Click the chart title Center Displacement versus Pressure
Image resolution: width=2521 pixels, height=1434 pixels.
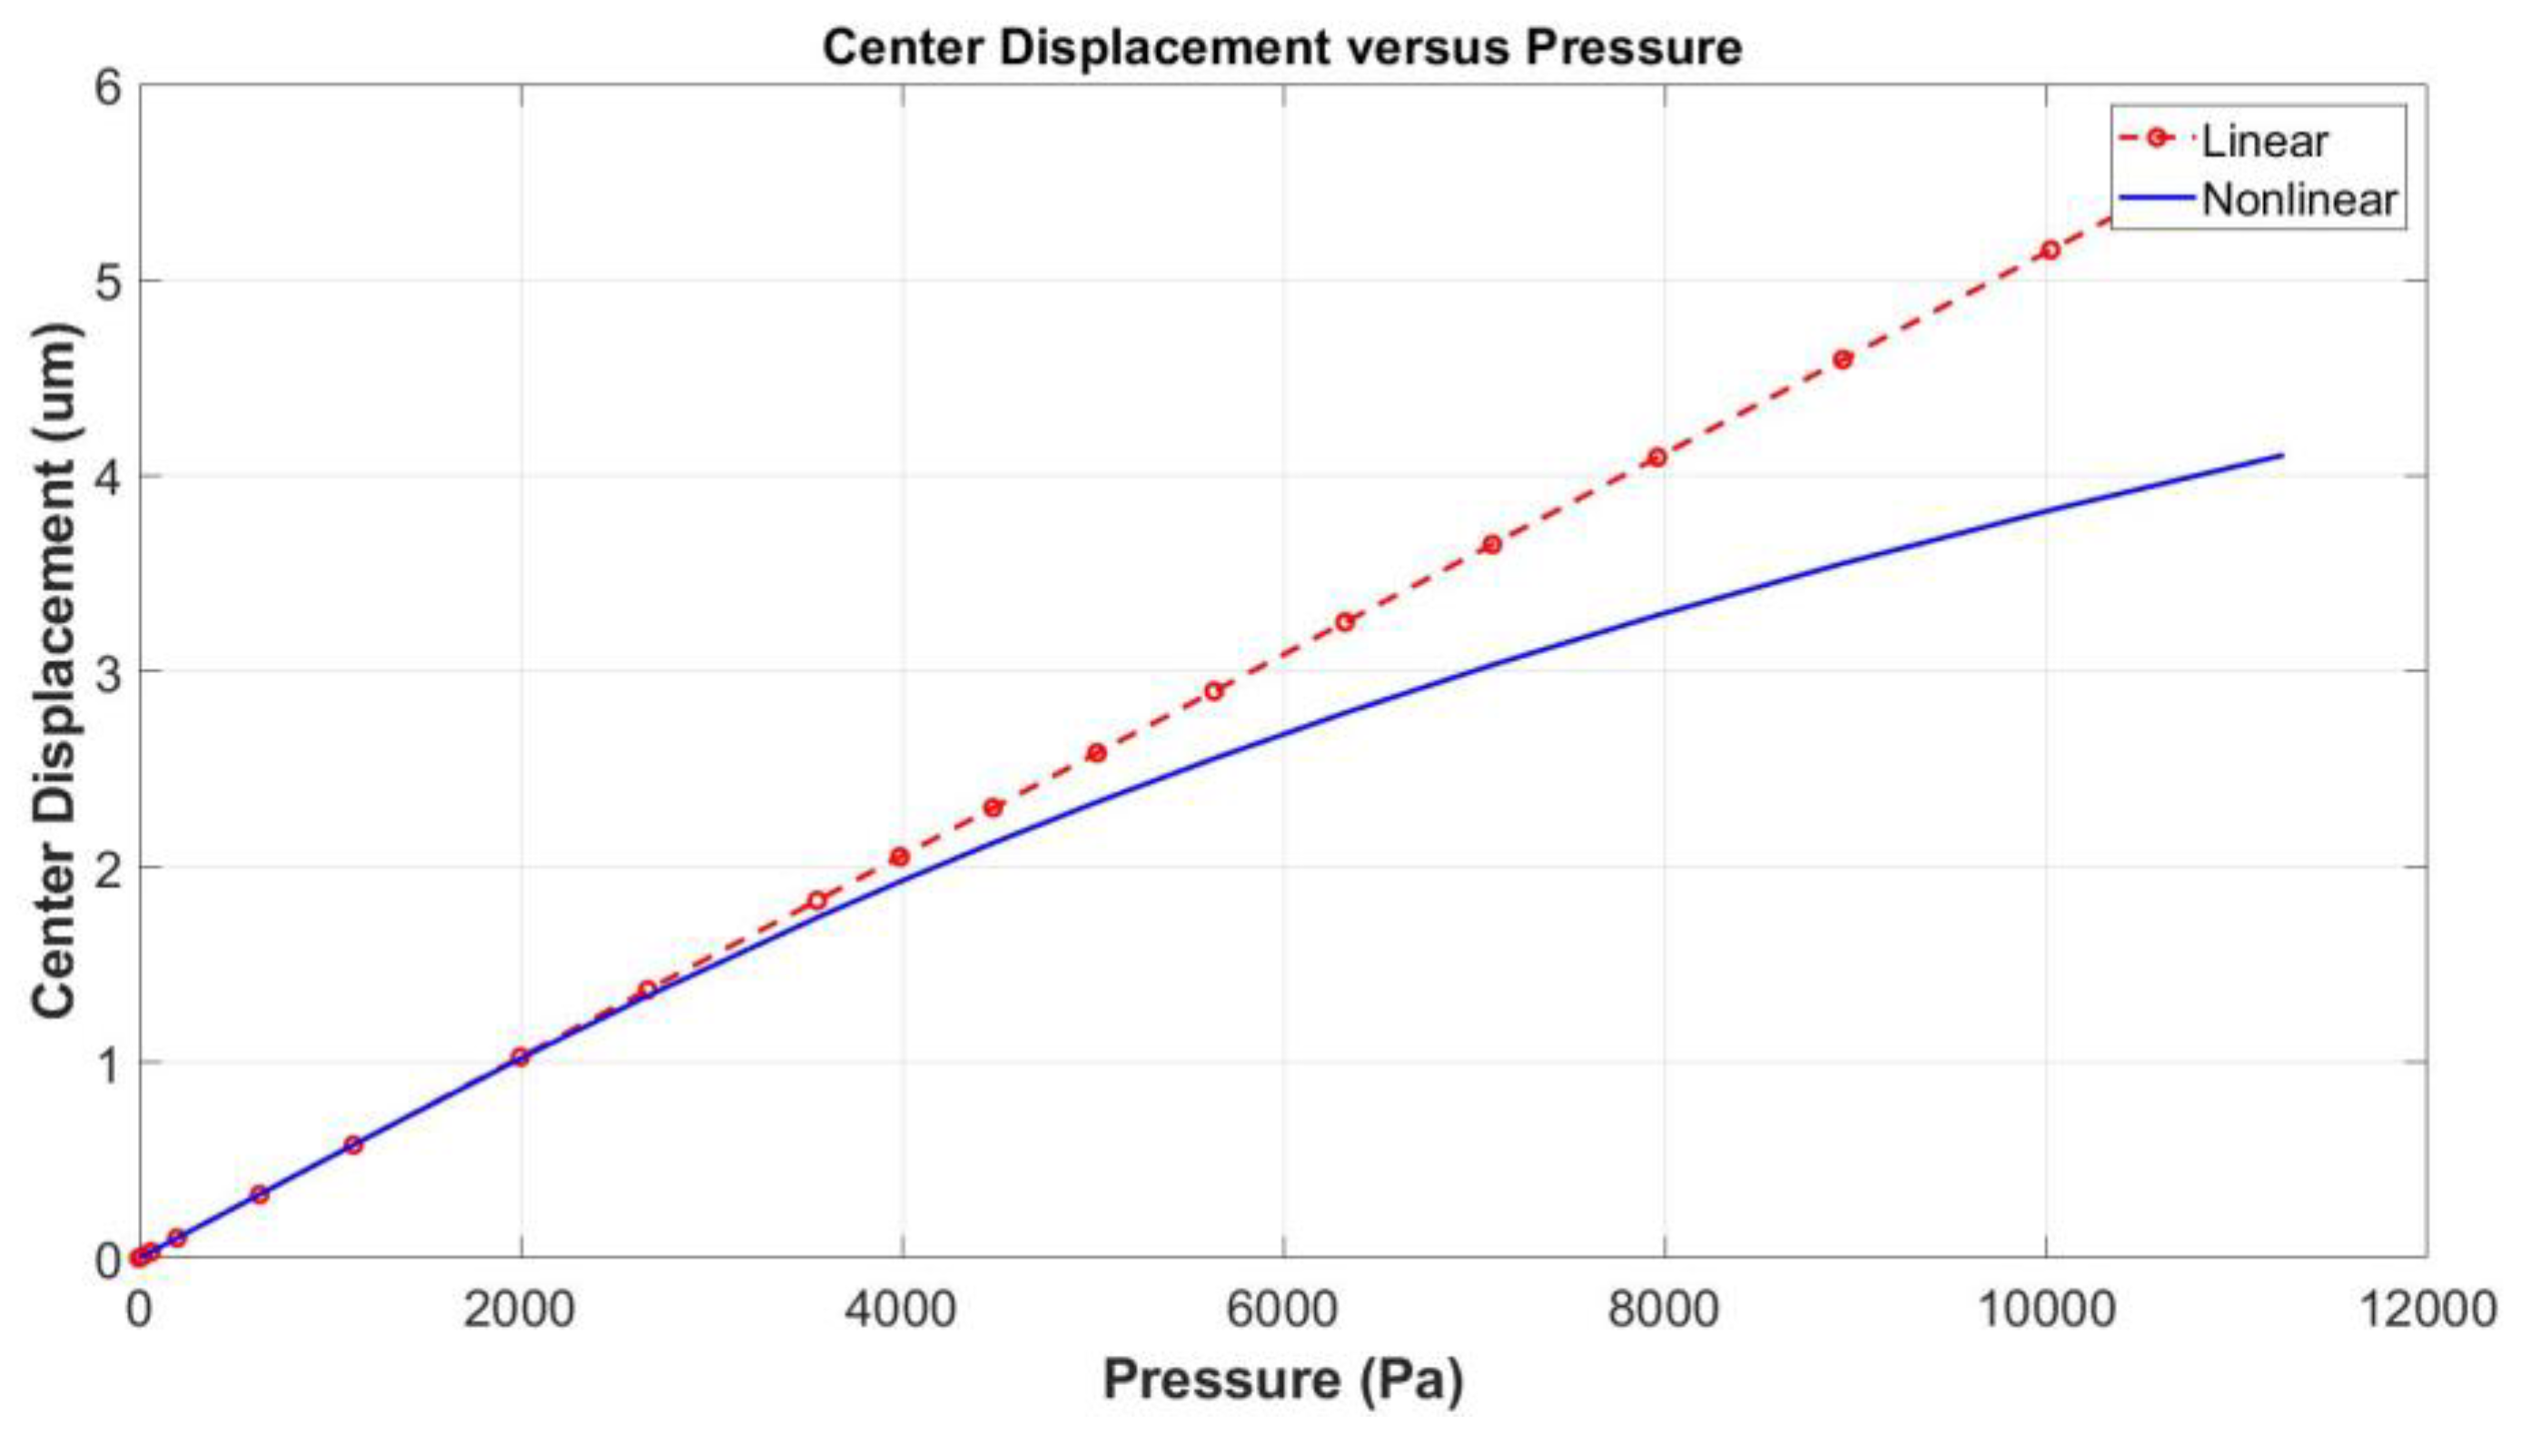point(1282,47)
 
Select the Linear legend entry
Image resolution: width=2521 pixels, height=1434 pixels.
point(2264,141)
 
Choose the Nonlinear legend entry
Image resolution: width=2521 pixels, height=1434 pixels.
point(2299,200)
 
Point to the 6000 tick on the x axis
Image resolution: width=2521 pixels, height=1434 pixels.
point(1283,1310)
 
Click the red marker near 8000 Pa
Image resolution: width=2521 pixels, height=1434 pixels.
point(1657,457)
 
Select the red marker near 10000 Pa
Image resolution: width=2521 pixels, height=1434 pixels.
point(2051,250)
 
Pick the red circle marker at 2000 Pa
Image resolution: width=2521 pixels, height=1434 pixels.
point(520,1057)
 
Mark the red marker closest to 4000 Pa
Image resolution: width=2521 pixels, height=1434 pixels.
point(899,856)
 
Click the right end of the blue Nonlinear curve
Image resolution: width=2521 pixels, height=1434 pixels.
point(2281,455)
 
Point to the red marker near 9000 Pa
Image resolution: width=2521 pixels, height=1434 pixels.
point(1844,360)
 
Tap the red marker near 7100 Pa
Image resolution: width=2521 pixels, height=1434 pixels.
point(1492,545)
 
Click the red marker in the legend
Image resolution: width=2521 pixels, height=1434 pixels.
point(2157,138)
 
